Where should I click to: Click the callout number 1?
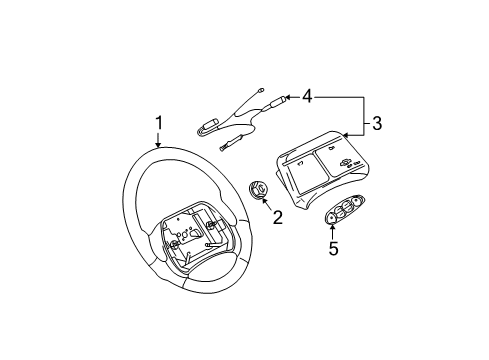pos(157,124)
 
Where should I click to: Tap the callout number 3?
pos(378,124)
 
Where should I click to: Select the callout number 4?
pos(307,98)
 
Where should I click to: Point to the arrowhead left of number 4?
pos(288,98)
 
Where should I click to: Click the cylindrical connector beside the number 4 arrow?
pos(273,100)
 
